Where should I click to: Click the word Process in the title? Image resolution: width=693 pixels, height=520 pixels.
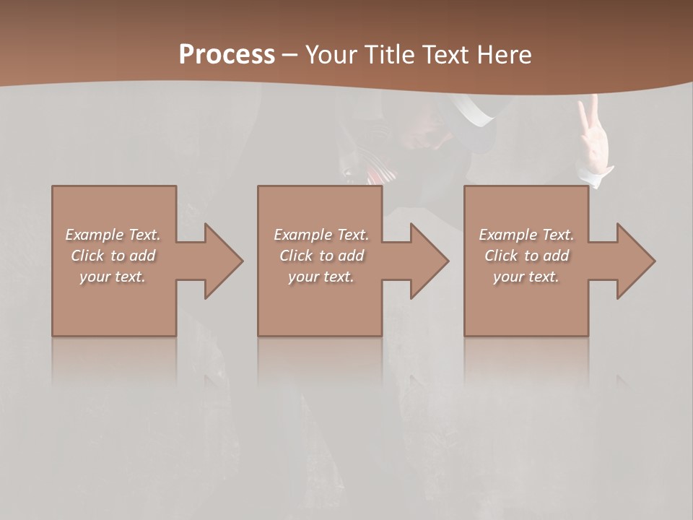click(227, 55)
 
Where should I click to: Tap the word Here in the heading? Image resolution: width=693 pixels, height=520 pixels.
click(505, 55)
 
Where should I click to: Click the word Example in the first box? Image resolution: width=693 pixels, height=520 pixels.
click(94, 235)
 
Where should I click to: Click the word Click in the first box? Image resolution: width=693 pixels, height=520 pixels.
click(87, 256)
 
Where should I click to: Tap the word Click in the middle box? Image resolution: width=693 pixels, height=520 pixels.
click(295, 256)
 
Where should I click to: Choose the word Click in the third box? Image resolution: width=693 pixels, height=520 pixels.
click(500, 256)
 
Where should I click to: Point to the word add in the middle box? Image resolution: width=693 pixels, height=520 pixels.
click(351, 256)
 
